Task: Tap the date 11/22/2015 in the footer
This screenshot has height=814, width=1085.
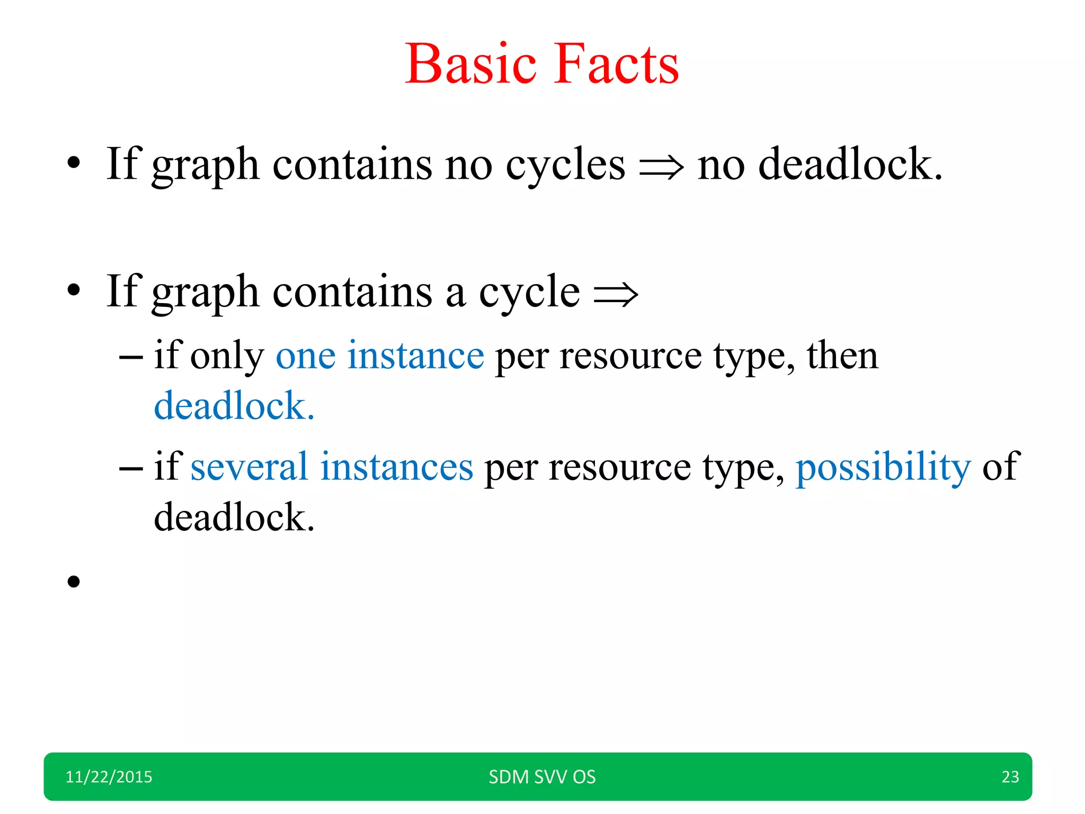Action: coord(109,777)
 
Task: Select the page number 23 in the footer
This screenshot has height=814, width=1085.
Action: coord(1010,777)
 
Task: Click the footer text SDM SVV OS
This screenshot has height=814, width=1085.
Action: coord(542,777)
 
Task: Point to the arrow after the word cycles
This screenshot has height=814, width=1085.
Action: coord(661,168)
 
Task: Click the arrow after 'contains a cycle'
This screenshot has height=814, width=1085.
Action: coord(616,295)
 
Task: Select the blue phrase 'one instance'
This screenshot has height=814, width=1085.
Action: coord(380,356)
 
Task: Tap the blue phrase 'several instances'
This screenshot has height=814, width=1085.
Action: coord(332,467)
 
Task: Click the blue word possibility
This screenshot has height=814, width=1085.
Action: coord(883,467)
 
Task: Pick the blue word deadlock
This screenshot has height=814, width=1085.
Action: coord(234,406)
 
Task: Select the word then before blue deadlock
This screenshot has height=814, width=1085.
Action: coord(842,356)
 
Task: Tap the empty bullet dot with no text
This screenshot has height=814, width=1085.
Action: coord(74,582)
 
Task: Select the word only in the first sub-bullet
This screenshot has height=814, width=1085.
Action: coord(227,357)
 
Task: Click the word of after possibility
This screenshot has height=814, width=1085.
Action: coord(1000,467)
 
